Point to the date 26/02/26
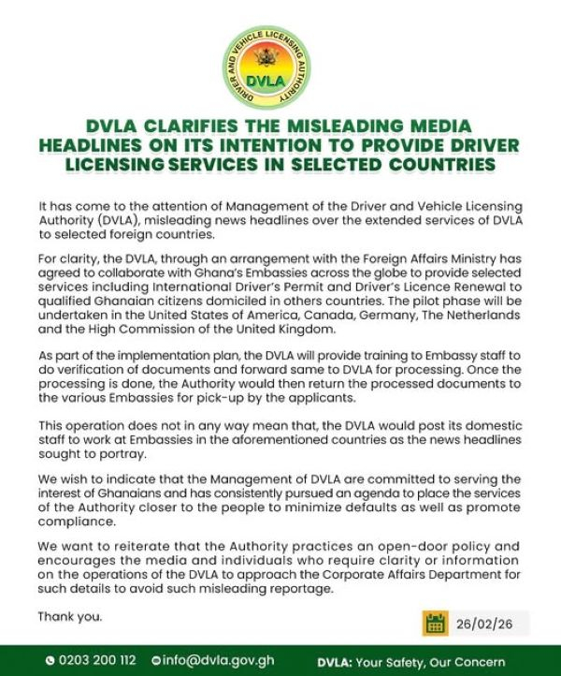(484, 623)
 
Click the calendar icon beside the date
(435, 623)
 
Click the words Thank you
(70, 617)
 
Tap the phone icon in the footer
(50, 658)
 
